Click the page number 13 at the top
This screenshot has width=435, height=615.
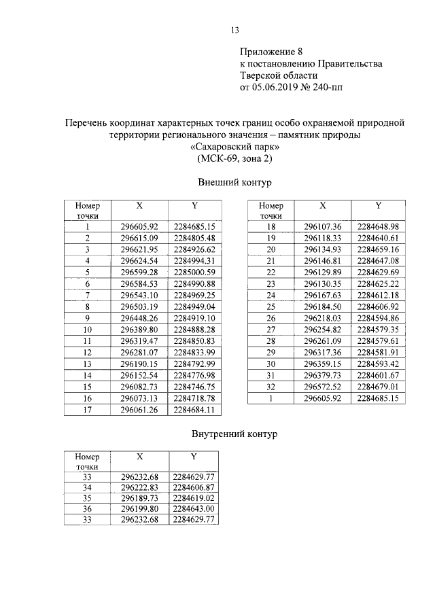pyautogui.click(x=236, y=30)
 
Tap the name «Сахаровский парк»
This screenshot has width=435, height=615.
pyautogui.click(x=234, y=147)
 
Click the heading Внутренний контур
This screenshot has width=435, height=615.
pyautogui.click(x=234, y=432)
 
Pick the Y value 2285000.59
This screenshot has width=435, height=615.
pyautogui.click(x=194, y=272)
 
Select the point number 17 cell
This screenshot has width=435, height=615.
pyautogui.click(x=88, y=410)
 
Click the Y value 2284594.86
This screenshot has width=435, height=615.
pyautogui.click(x=378, y=318)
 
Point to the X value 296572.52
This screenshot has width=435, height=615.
pyautogui.click(x=323, y=387)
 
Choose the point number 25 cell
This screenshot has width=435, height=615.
pyautogui.click(x=271, y=306)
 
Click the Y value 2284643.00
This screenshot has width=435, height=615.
pyautogui.click(x=194, y=508)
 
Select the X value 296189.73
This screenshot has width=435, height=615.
pyautogui.click(x=139, y=497)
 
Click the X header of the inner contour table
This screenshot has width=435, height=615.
pyautogui.click(x=139, y=458)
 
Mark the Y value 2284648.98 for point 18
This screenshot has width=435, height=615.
pyautogui.click(x=378, y=226)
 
